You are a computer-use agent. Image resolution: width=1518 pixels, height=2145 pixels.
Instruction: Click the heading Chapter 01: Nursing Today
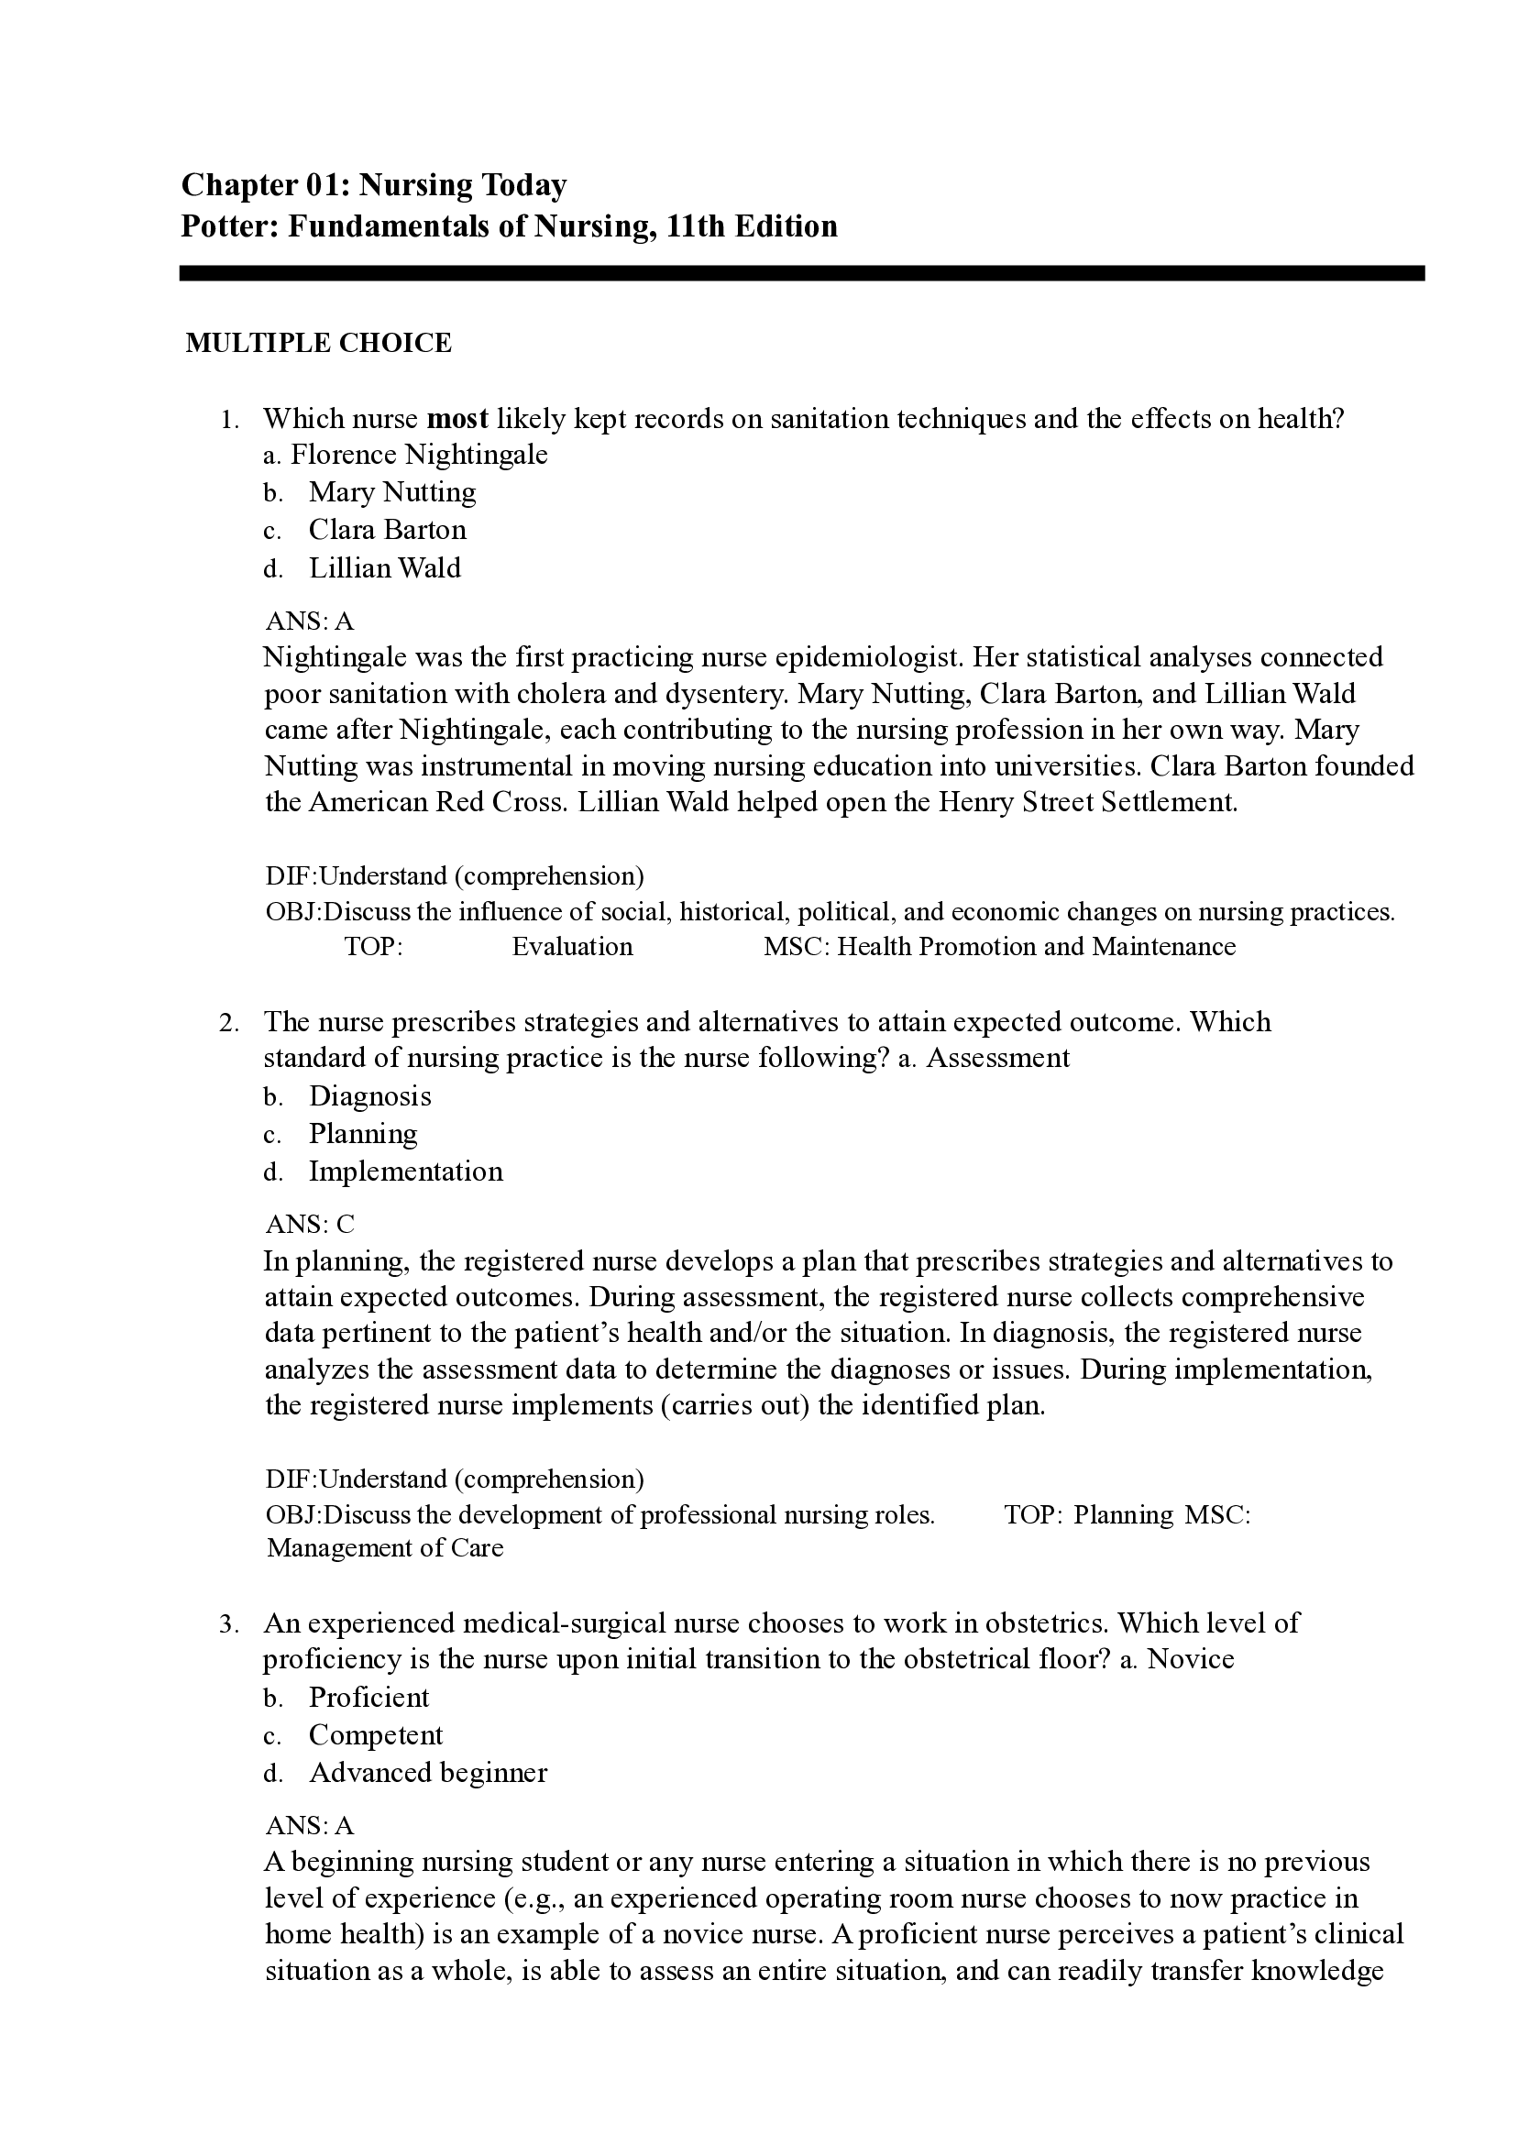click(373, 185)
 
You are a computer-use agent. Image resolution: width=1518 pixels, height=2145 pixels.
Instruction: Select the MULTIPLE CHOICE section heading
click(318, 343)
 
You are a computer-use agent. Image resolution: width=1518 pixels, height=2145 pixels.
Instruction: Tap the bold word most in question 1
click(457, 418)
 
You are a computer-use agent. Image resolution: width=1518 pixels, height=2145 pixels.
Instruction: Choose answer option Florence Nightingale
click(418, 455)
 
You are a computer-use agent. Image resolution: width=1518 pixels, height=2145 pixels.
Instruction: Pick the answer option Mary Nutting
click(391, 491)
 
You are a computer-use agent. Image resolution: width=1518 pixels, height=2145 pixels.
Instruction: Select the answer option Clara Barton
click(387, 530)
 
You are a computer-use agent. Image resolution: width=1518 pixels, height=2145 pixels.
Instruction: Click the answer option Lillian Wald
click(384, 567)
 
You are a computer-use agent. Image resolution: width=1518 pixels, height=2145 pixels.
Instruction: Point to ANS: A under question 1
click(310, 621)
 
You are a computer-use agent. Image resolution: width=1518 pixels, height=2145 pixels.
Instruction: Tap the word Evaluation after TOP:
click(572, 947)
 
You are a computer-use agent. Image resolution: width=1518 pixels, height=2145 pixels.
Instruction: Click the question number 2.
click(228, 1022)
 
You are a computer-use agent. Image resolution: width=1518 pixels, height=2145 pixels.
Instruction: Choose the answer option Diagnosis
click(370, 1095)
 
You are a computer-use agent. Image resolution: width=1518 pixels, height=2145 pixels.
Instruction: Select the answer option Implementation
click(406, 1171)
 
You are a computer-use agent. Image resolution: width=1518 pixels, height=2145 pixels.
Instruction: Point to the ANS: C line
click(310, 1225)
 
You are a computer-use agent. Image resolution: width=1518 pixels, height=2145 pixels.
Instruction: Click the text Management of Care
click(384, 1547)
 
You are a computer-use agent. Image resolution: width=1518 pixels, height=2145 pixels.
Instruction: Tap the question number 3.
click(228, 1624)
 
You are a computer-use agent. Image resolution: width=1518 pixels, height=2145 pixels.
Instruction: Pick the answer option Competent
click(376, 1735)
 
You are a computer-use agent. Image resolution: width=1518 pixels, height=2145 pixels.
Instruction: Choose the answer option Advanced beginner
click(427, 1773)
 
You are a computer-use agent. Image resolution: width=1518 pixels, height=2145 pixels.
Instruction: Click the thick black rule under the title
click(801, 273)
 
